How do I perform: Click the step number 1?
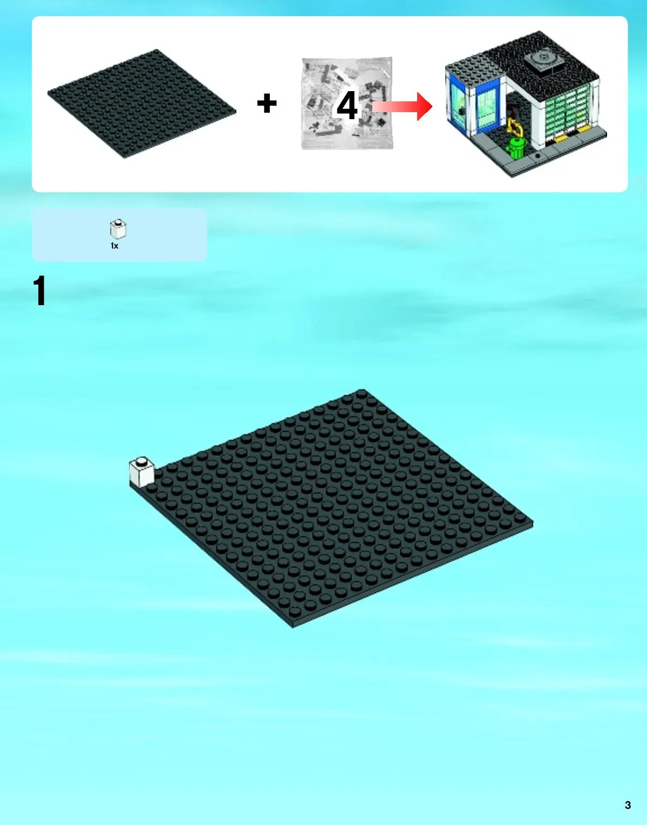[39, 291]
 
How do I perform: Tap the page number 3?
[628, 805]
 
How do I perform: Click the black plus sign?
[267, 104]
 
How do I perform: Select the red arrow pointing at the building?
[403, 106]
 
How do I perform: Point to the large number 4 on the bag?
[347, 105]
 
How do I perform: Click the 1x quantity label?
[114, 246]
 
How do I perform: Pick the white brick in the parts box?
[118, 229]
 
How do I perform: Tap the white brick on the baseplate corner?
[142, 472]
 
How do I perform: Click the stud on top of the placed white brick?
[142, 461]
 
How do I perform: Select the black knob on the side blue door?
[462, 112]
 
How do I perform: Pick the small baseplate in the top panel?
[142, 104]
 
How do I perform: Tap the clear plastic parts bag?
[347, 104]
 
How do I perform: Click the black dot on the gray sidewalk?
[537, 156]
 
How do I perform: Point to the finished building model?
[526, 104]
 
